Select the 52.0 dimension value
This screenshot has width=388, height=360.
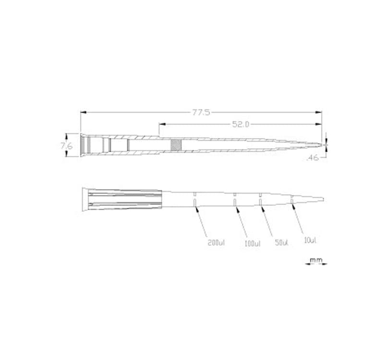241,124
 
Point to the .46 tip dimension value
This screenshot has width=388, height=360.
313,157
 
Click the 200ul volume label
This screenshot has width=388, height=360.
216,242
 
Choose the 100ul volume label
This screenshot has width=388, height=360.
252,244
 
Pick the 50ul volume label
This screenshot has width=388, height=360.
282,243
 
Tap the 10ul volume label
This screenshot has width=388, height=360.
310,240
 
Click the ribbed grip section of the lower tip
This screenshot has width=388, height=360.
125,200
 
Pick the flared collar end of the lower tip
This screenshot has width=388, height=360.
85,200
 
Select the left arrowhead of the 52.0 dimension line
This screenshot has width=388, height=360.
161,124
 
